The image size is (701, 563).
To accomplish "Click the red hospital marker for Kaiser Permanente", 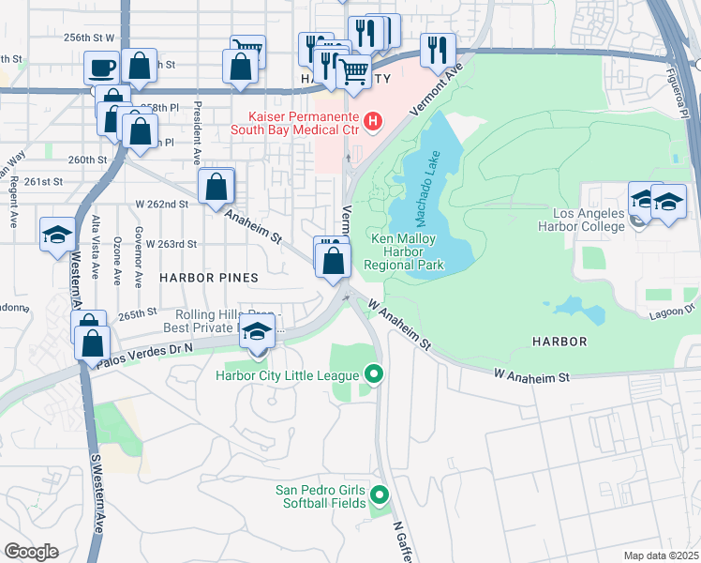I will click(373, 121).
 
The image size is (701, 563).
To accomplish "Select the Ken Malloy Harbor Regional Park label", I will click(407, 251).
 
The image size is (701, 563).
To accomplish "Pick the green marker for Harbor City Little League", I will click(375, 375).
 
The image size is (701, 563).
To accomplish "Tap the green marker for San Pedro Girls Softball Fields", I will click(380, 495).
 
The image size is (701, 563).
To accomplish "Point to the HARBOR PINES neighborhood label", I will click(208, 278).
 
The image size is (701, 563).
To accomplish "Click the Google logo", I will click(31, 552).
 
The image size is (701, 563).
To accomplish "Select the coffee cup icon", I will click(101, 68).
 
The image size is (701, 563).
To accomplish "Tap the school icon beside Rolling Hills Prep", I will click(258, 332).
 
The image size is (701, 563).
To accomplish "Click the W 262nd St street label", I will click(162, 204).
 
